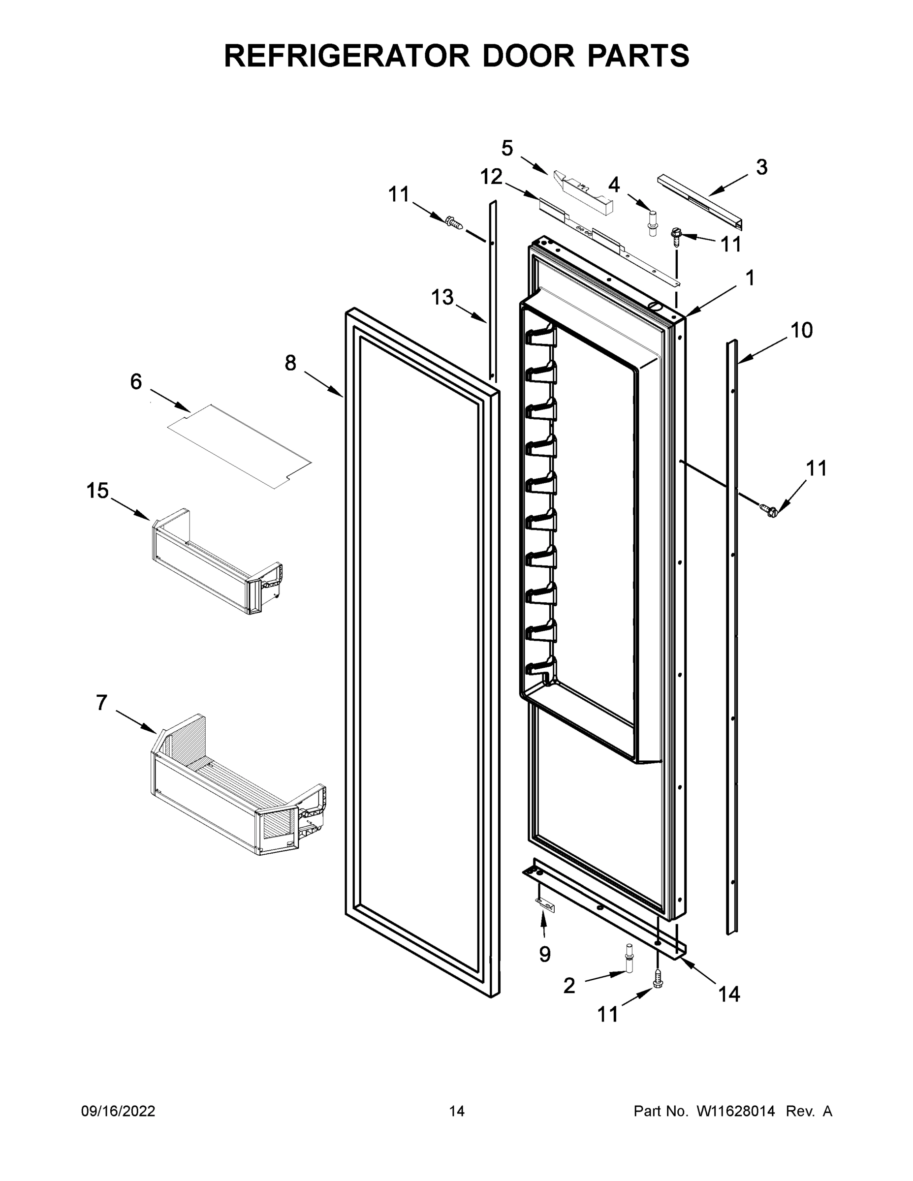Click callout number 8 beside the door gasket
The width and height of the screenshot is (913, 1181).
point(290,363)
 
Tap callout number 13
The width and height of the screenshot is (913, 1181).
point(442,297)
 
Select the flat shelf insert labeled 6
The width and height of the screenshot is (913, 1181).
point(240,447)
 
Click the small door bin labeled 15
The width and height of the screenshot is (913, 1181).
point(217,562)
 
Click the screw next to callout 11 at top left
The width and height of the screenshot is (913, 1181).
point(453,222)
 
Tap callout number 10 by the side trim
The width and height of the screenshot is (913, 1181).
point(801,330)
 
